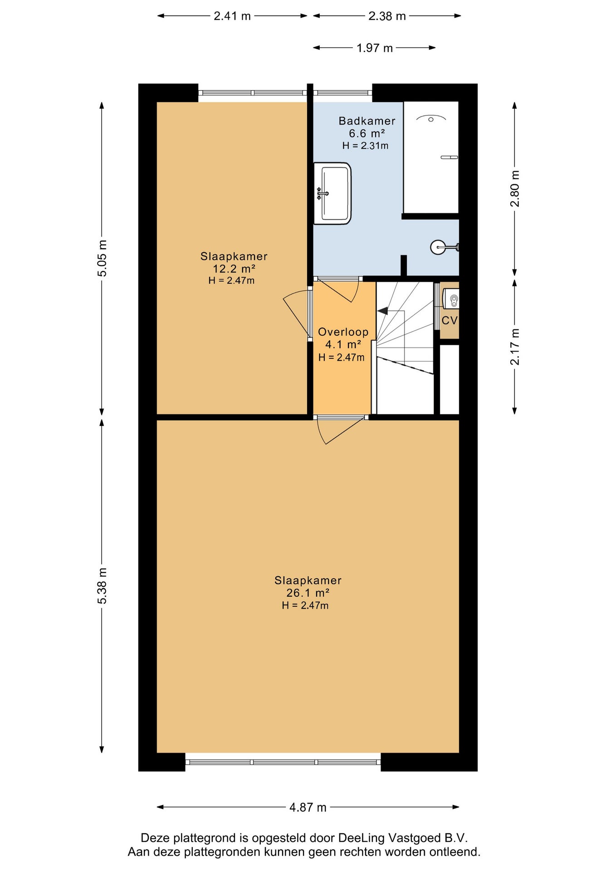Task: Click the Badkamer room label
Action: [x=367, y=121]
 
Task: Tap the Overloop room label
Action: [x=343, y=332]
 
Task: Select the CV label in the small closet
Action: [x=450, y=320]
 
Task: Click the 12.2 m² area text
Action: [x=234, y=269]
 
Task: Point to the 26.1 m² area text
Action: [x=308, y=593]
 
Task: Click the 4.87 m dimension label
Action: [x=308, y=807]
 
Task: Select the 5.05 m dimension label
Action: [x=103, y=258]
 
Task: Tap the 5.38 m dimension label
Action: [x=103, y=585]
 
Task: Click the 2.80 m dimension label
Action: [x=515, y=188]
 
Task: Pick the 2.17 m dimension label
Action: [x=515, y=347]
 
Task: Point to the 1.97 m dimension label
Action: [x=375, y=48]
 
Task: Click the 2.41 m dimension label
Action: [x=232, y=16]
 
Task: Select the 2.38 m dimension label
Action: [x=387, y=16]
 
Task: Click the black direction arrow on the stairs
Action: [x=382, y=311]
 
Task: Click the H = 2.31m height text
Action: [x=365, y=146]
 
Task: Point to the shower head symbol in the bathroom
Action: [x=431, y=119]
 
